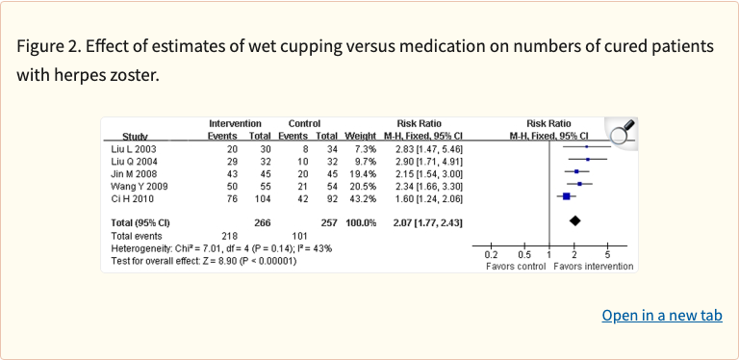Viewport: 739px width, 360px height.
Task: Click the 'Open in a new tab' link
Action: (662, 316)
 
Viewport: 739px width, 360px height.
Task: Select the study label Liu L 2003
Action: (133, 149)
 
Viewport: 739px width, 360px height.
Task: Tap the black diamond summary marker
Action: (575, 221)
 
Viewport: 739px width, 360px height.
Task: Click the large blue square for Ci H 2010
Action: (566, 196)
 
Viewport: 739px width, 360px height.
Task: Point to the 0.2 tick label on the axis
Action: (490, 254)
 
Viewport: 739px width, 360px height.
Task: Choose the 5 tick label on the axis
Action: (607, 254)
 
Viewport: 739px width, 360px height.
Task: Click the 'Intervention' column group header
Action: (235, 124)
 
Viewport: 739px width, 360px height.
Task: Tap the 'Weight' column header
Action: (360, 137)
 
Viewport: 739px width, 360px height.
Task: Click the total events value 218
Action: (228, 235)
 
